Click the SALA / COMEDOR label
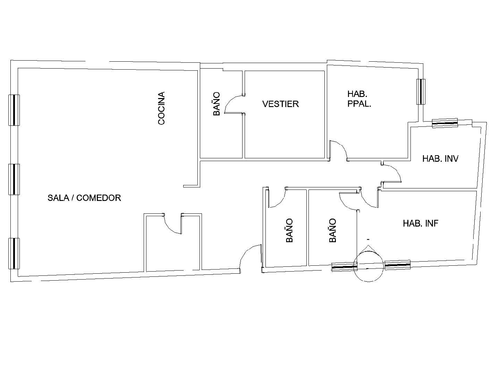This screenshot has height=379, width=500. pyautogui.click(x=84, y=198)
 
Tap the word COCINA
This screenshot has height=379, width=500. pyautogui.click(x=161, y=108)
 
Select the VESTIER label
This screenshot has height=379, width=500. pyautogui.click(x=280, y=104)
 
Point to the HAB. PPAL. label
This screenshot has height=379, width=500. pyautogui.click(x=359, y=99)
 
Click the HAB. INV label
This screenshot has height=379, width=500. pyautogui.click(x=440, y=158)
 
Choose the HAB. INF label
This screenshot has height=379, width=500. pyautogui.click(x=421, y=223)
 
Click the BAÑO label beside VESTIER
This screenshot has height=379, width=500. pyautogui.click(x=217, y=104)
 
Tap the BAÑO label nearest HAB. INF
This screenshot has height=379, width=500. pyautogui.click(x=333, y=230)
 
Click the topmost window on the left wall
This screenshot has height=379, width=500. pyautogui.click(x=14, y=110)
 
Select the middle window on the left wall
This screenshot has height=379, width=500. pyautogui.click(x=14, y=179)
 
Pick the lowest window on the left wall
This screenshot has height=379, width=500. pyautogui.click(x=14, y=254)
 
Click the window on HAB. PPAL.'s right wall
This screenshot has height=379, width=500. pyautogui.click(x=421, y=91)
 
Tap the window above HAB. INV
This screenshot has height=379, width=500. pyautogui.click(x=445, y=123)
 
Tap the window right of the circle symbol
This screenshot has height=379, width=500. pyautogui.click(x=398, y=265)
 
